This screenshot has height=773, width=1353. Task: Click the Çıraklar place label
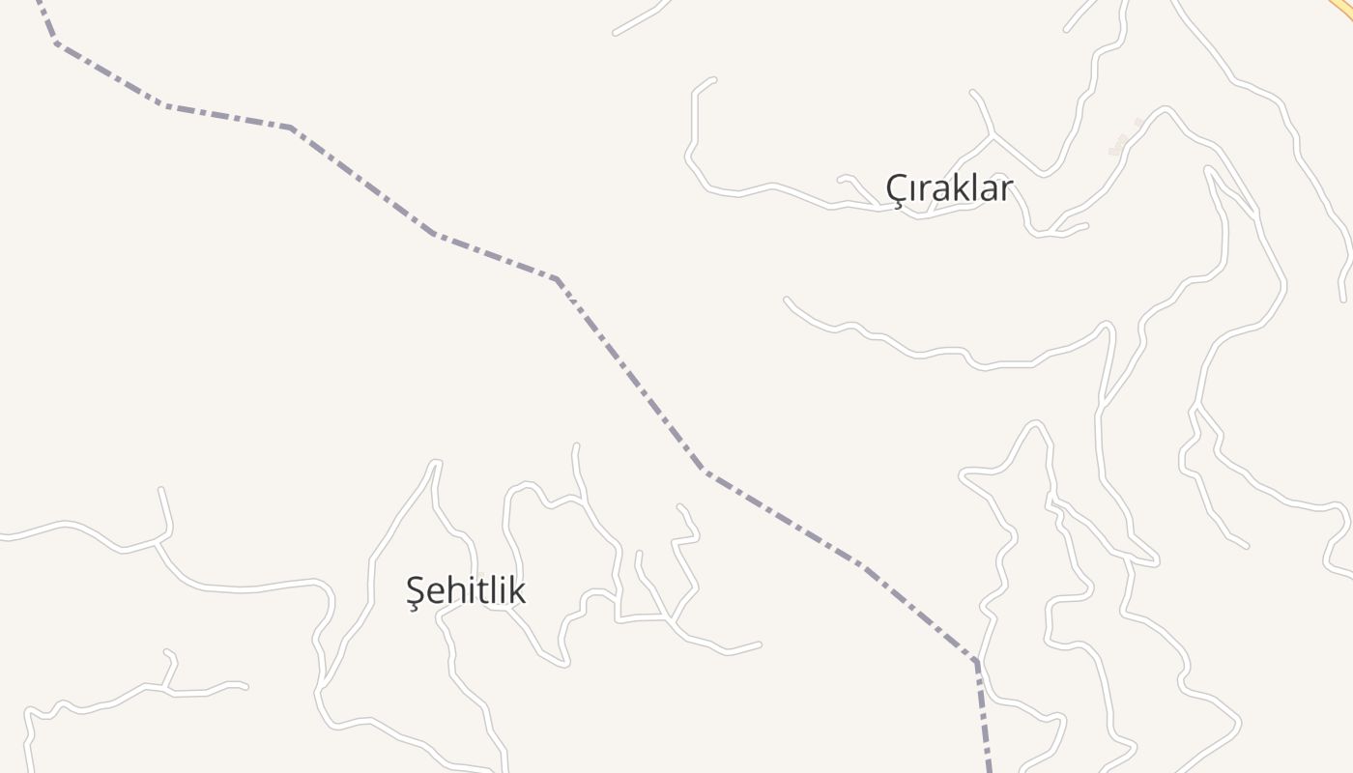point(949,188)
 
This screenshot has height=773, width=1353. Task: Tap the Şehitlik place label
point(466,589)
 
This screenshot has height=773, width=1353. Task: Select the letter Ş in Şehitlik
point(417,591)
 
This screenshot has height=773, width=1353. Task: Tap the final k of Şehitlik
point(518,589)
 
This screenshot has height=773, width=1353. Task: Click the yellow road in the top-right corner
point(1343,8)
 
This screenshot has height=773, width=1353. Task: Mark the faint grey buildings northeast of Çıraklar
point(1124,141)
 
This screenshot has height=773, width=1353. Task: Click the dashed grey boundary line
point(628,372)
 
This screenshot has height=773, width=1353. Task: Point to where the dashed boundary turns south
point(976,662)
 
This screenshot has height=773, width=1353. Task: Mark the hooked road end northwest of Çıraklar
point(713,79)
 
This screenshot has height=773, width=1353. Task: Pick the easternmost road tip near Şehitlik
point(760,644)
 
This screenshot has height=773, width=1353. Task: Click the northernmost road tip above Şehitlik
point(576,445)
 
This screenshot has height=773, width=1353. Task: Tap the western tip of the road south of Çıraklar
point(786,300)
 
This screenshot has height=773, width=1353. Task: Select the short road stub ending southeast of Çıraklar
point(1086,226)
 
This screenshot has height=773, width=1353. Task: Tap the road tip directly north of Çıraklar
point(972,92)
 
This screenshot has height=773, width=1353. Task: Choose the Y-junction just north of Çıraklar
point(993,136)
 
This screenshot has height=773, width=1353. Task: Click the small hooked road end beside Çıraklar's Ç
point(840,178)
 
